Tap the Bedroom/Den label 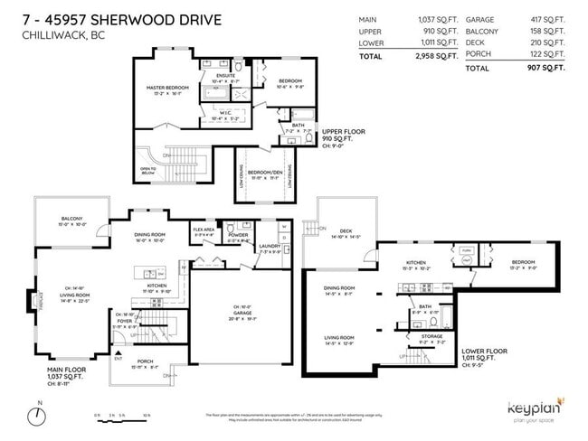pyautogui.click(x=262, y=172)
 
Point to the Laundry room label pyautogui.click(x=270, y=245)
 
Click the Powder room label pyautogui.click(x=239, y=236)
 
